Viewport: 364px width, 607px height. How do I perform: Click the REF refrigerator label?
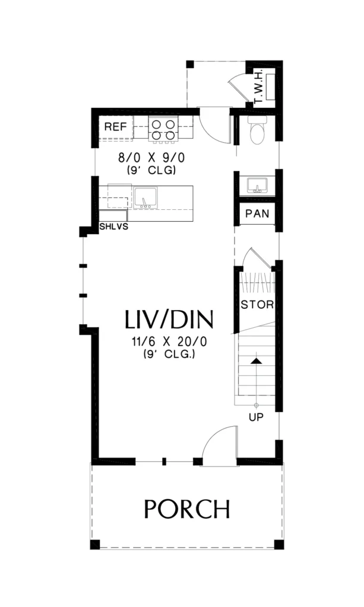pos(116,127)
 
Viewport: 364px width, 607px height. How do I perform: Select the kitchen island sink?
pos(146,197)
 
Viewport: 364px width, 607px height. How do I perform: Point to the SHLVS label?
pos(113,226)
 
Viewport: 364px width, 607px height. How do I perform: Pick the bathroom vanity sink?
pos(257,185)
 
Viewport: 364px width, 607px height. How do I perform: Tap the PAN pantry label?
pos(257,213)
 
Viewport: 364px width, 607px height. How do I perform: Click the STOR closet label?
pos(257,305)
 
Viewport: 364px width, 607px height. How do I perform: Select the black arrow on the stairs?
pos(256,361)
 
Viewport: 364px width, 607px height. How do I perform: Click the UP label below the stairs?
pos(256,417)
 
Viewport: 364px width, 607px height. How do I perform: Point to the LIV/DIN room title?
pos(169,320)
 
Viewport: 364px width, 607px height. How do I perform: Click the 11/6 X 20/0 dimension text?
pos(169,342)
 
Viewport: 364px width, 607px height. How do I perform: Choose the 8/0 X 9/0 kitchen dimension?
pos(151,158)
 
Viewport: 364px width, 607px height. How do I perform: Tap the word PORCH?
pos(187,509)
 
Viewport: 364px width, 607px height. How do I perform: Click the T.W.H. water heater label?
pos(258,87)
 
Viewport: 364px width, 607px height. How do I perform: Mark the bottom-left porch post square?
pos(95,544)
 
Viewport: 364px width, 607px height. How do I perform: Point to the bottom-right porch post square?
pos(278,544)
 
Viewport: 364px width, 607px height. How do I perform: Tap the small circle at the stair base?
pos(256,405)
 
